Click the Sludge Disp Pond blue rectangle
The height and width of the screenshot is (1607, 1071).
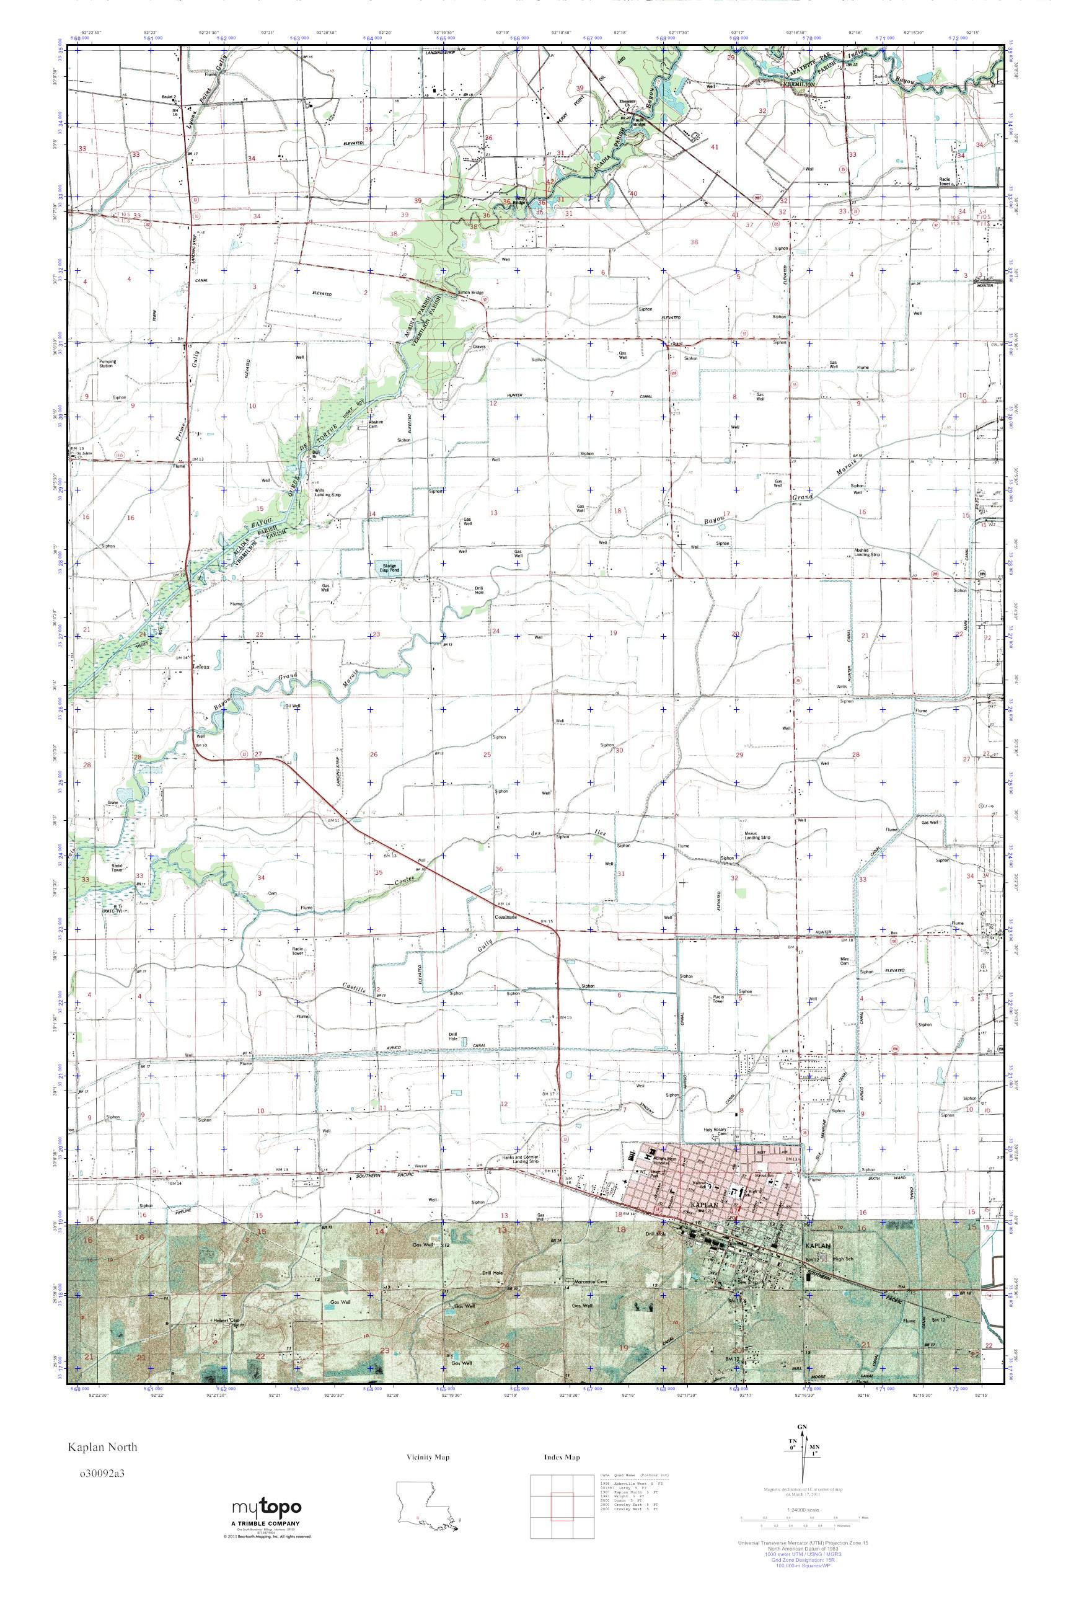click(389, 568)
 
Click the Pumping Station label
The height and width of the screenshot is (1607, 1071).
click(107, 363)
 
